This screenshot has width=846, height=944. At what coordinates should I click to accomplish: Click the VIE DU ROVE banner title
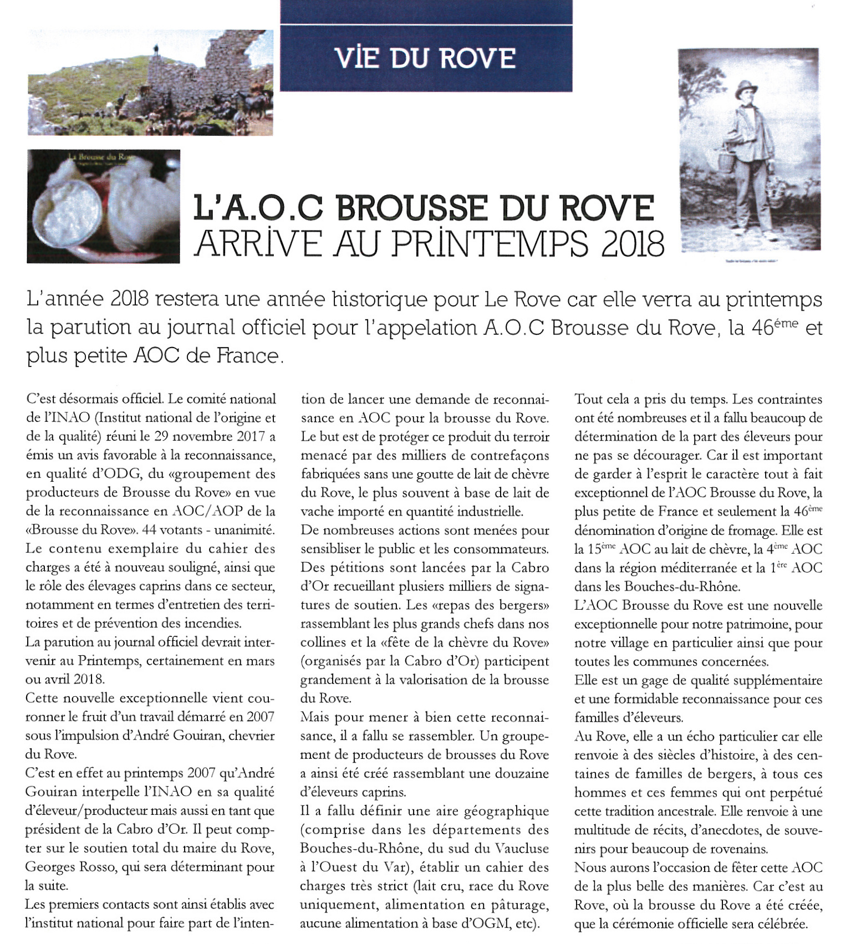click(426, 58)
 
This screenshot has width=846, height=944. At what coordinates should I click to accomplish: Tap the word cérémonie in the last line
click(636, 924)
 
